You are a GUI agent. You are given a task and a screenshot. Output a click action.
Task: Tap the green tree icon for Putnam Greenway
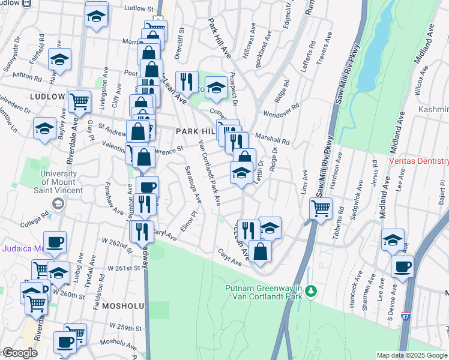pyautogui.click(x=310, y=292)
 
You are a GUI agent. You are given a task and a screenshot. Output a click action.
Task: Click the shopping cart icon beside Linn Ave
pyautogui.click(x=321, y=209)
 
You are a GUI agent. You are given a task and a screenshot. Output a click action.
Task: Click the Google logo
pyautogui.click(x=19, y=353)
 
